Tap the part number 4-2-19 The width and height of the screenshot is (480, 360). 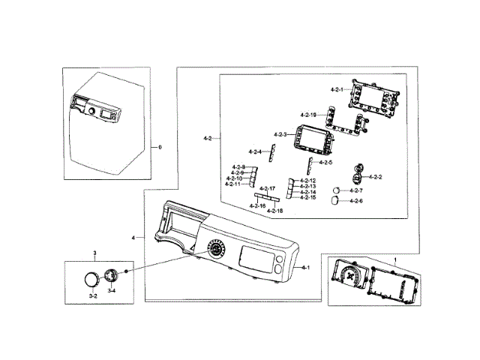coord(307,114)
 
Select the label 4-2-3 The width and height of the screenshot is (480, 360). coord(280,134)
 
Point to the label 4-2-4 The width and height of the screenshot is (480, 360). coord(256,152)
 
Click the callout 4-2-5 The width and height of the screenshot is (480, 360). coord(325,162)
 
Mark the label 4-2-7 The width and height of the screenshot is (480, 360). coord(356,190)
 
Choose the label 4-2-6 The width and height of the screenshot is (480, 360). coord(356,201)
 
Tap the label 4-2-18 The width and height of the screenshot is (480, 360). coord(275,212)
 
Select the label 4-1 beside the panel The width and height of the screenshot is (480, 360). coord(305,267)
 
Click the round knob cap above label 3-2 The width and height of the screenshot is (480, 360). coord(91,280)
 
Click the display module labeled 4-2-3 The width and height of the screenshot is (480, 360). coord(309,139)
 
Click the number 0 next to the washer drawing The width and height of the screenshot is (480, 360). coord(159,147)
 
